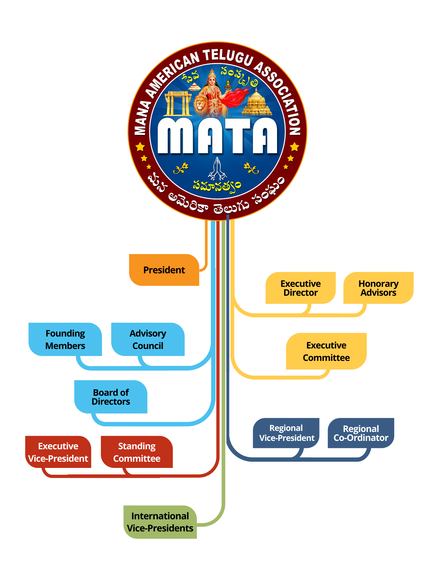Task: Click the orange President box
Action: [164, 270]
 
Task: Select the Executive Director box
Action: [300, 288]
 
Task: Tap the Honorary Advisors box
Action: [378, 288]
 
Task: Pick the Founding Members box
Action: [65, 339]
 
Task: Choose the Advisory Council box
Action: [148, 339]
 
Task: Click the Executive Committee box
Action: [326, 351]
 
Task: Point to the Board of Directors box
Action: [111, 397]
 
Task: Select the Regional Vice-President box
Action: [286, 433]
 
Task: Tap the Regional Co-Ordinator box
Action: [361, 433]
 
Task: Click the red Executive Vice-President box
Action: [58, 452]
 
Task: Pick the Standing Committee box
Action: [137, 452]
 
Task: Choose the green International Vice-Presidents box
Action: [160, 522]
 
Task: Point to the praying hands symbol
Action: [217, 169]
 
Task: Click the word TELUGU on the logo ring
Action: [229, 57]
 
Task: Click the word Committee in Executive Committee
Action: [326, 358]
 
